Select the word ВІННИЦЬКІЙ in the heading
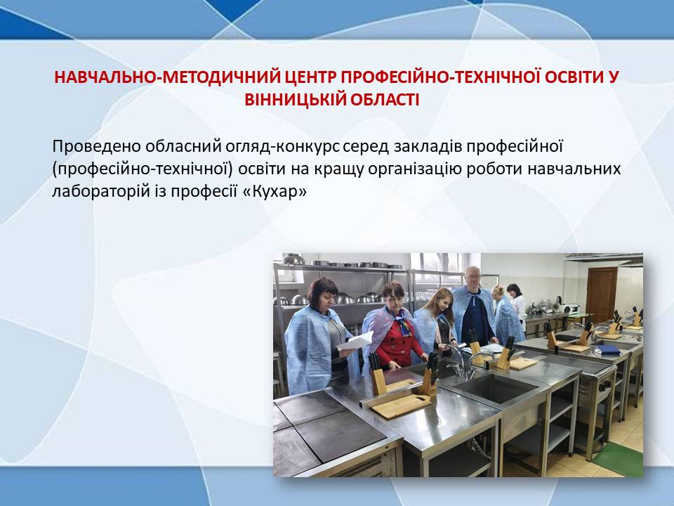tap(293, 100)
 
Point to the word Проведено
tap(97, 147)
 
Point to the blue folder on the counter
tap(607, 349)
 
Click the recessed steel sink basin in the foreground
tap(497, 388)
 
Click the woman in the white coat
tap(517, 304)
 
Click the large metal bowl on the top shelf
tap(293, 259)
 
